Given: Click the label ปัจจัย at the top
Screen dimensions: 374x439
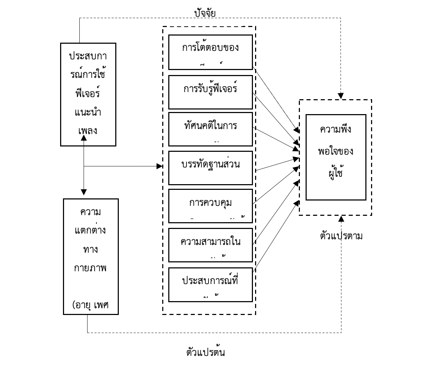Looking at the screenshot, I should [x=205, y=13].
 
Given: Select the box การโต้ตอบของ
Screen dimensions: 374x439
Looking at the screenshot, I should [x=210, y=52].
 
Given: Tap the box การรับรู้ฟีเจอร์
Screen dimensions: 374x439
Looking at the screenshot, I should [x=210, y=92].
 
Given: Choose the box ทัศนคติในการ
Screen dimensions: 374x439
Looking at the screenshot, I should [x=210, y=129].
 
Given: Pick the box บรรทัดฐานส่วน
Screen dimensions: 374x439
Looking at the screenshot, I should [x=210, y=167].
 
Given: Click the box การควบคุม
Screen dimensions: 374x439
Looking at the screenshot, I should [x=210, y=205].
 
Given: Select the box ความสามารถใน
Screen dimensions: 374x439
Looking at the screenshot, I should [x=210, y=245].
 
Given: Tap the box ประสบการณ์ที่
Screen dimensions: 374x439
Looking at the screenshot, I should [x=210, y=284].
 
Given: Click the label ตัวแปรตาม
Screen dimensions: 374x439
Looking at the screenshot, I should [x=341, y=236].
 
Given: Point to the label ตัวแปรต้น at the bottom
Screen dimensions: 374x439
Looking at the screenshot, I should [x=205, y=352].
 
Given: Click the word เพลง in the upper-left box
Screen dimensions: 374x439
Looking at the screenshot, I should [x=88, y=130].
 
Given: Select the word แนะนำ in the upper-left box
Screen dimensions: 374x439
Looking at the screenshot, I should [x=88, y=112].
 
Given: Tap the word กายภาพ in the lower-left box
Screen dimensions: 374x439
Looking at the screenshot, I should [x=90, y=267].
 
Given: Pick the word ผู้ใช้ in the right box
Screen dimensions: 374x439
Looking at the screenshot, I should [x=335, y=173].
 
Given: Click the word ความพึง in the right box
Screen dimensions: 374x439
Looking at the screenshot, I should [x=335, y=129].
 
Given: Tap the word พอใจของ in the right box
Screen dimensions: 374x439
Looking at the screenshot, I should [x=335, y=151].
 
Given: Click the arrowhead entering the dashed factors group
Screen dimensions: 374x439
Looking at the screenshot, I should [x=160, y=166].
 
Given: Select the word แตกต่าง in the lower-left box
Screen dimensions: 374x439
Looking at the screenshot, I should [x=90, y=230].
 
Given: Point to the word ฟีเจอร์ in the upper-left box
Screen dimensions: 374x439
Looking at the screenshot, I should [x=88, y=93].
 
